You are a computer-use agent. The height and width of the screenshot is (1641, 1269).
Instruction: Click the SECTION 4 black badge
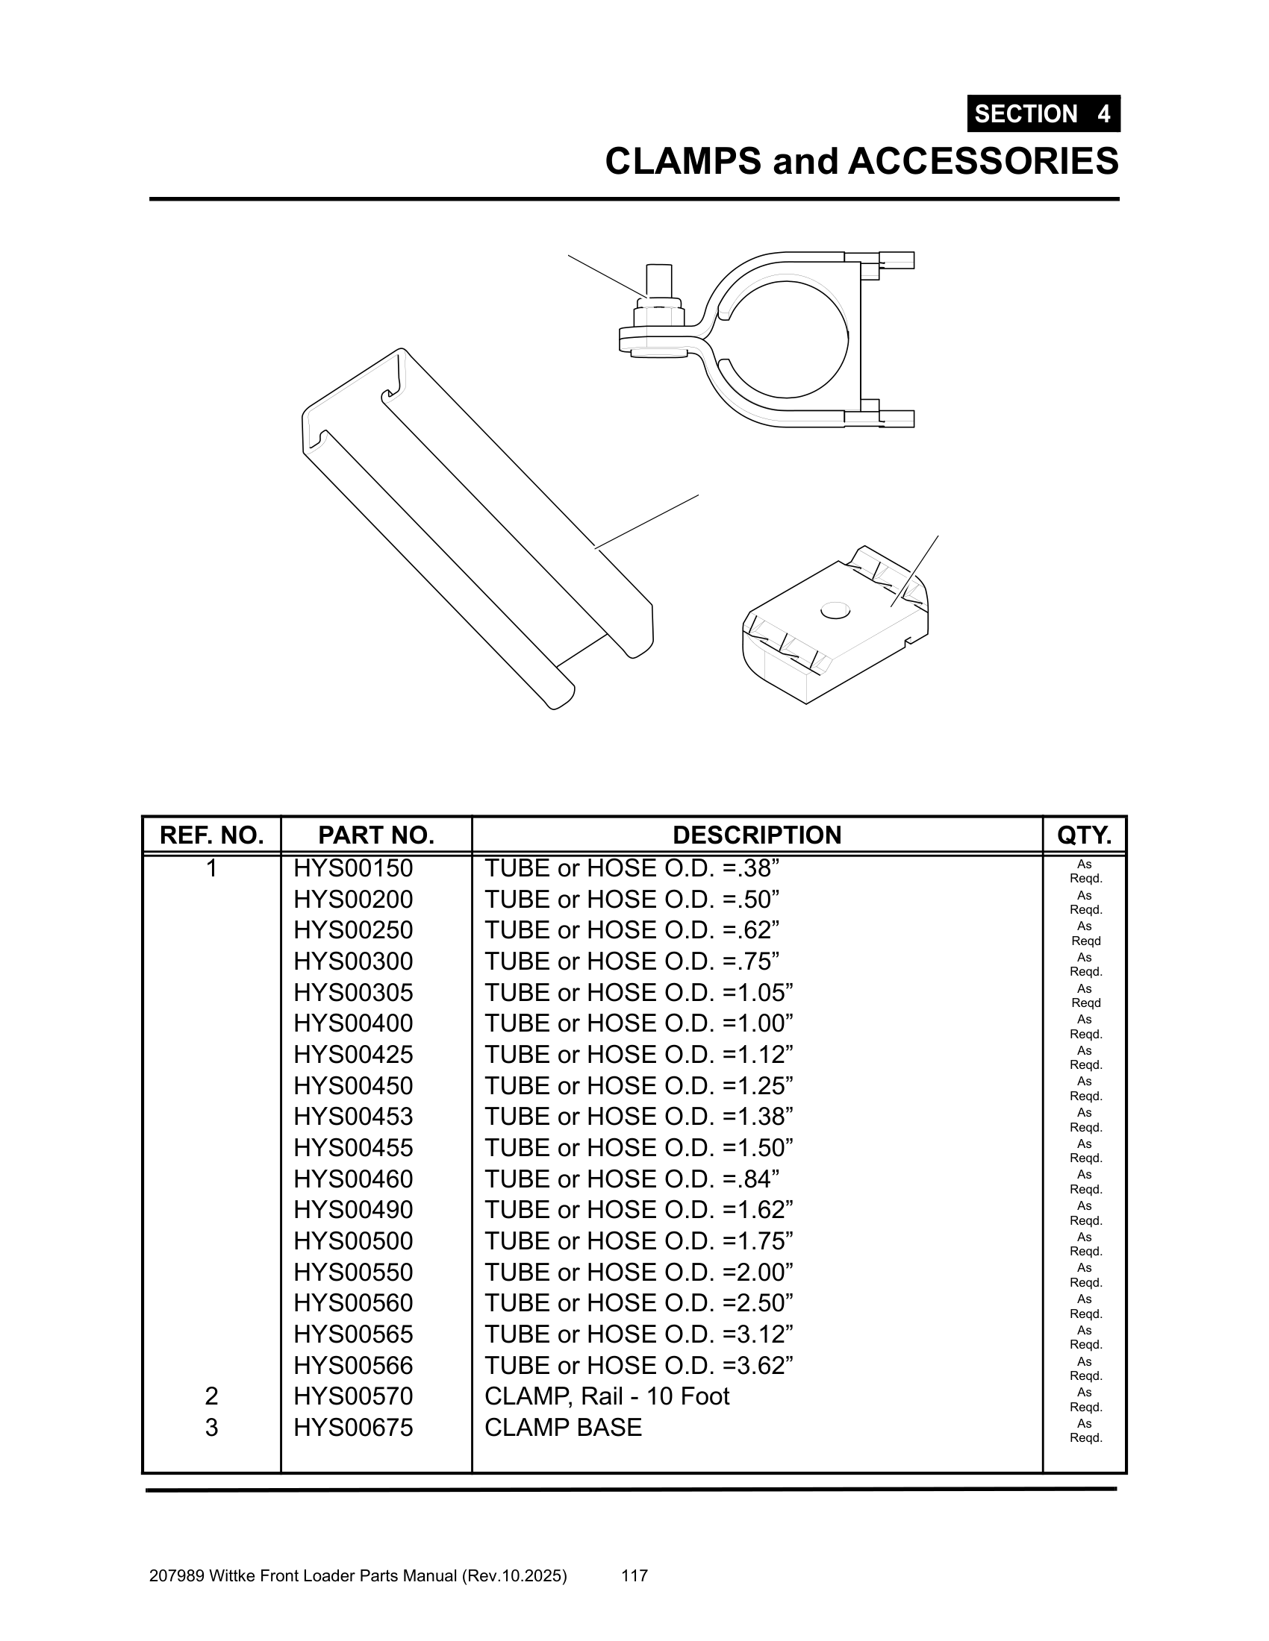(x=1043, y=113)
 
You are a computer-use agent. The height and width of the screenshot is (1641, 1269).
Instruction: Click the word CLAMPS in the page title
(x=682, y=162)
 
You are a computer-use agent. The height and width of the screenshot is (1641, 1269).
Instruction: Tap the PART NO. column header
(x=376, y=835)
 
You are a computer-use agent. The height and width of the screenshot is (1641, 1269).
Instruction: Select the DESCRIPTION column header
(x=756, y=835)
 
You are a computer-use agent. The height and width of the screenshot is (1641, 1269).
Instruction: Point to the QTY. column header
(x=1084, y=835)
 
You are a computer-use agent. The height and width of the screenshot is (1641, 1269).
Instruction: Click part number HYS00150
(x=353, y=868)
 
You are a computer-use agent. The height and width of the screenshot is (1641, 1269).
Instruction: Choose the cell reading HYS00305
(x=353, y=993)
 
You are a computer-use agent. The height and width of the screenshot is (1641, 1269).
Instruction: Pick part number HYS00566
(x=353, y=1365)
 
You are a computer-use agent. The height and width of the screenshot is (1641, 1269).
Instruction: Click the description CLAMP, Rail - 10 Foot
(x=607, y=1396)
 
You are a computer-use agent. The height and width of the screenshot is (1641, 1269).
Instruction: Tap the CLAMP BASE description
(x=563, y=1427)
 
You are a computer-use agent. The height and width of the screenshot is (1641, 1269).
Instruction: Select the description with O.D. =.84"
(x=632, y=1179)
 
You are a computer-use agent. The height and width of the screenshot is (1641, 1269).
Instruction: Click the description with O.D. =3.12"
(x=639, y=1334)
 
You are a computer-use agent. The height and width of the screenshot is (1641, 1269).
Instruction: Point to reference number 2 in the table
(x=211, y=1396)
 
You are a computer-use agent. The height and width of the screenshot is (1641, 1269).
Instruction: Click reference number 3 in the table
(x=211, y=1427)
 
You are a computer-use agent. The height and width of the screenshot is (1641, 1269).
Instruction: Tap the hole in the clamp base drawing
(x=835, y=610)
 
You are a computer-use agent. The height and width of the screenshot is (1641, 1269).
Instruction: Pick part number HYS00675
(x=353, y=1427)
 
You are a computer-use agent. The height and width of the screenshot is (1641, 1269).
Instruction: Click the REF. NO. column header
(x=211, y=835)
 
